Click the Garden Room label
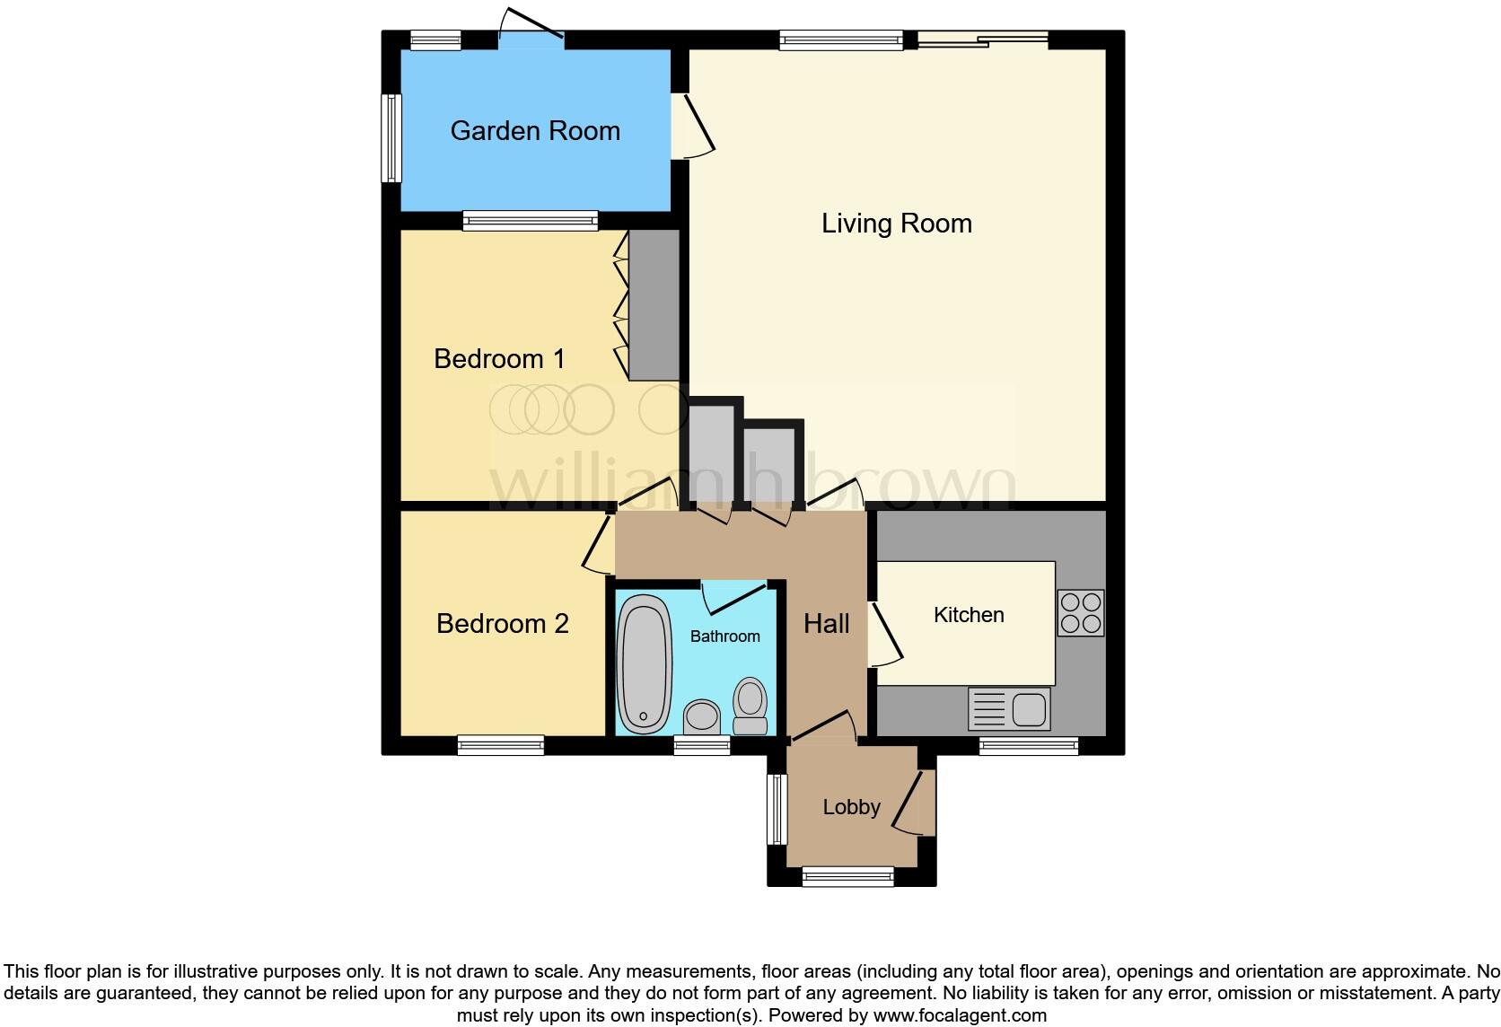click(x=535, y=131)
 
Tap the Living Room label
click(x=896, y=224)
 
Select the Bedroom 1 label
click(x=499, y=359)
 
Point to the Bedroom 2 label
click(x=502, y=624)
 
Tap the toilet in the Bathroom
click(x=750, y=707)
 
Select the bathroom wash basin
click(x=702, y=717)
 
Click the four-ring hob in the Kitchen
click(x=1080, y=612)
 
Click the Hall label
click(x=826, y=624)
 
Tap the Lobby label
click(x=851, y=807)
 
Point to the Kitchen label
click(x=969, y=615)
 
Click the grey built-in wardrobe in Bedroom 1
click(x=654, y=305)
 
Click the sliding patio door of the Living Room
click(x=982, y=39)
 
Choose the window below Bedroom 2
click(x=500, y=744)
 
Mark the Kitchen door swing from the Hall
click(x=884, y=636)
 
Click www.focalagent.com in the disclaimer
click(x=961, y=1016)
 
